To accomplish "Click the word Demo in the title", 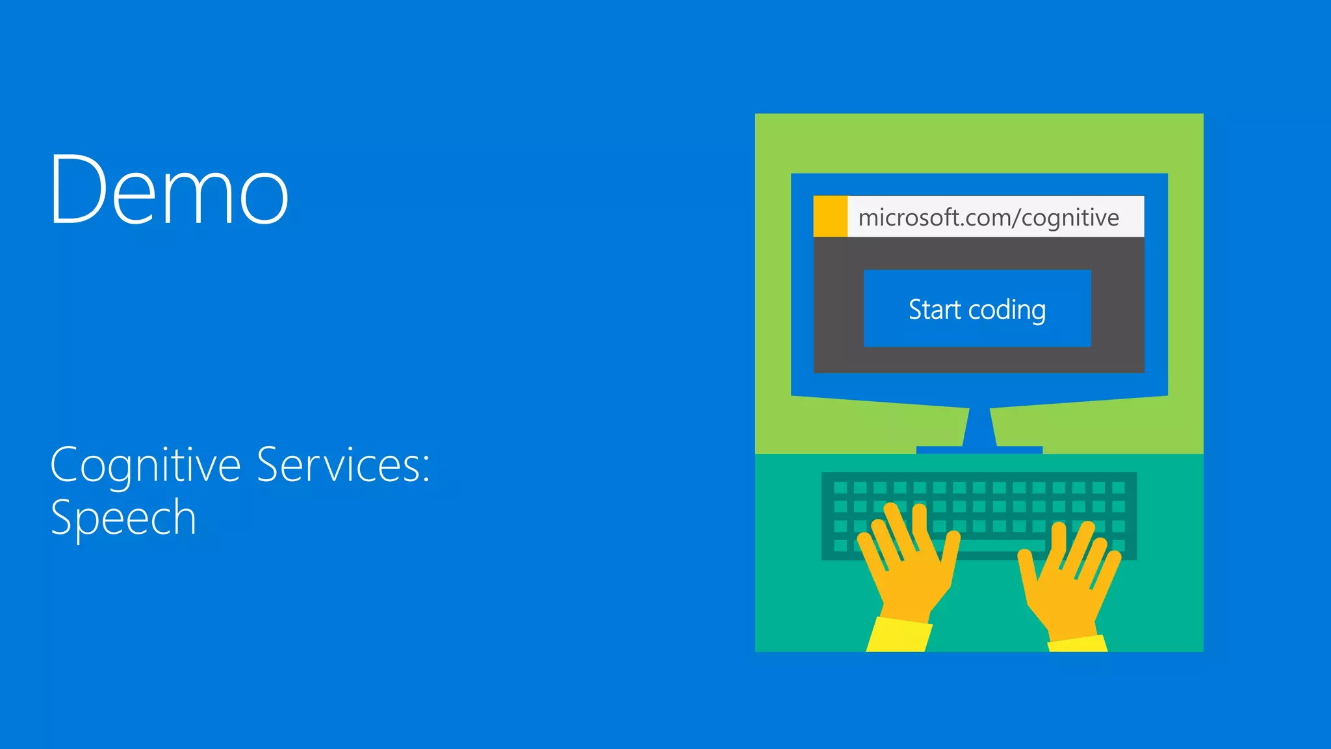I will click(x=169, y=190).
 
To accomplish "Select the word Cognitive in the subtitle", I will click(x=146, y=466).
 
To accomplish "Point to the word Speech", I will click(x=123, y=518).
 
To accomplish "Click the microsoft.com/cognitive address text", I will click(x=988, y=217).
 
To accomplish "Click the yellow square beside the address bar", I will click(x=831, y=216).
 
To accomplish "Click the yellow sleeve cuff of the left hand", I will click(x=899, y=635).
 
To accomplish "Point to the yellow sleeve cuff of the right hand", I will click(x=1077, y=644).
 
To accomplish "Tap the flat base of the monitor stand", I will click(x=979, y=450).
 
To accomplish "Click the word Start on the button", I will click(x=935, y=309).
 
